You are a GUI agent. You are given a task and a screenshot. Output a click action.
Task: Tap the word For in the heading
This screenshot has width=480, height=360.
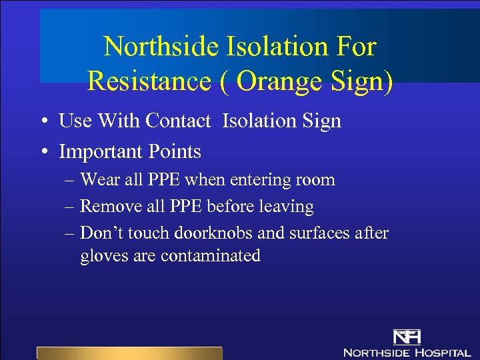pos(358,47)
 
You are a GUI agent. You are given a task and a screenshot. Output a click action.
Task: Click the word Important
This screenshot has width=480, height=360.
pos(101,152)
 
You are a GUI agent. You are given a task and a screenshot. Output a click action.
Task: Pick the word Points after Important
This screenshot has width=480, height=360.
pos(175,152)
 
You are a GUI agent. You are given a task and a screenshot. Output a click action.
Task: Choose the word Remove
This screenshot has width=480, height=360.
pos(108,207)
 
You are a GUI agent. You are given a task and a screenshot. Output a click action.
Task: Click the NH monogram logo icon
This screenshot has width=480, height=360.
pos(406,337)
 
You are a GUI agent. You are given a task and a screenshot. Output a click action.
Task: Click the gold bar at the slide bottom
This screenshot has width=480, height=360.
pos(129,353)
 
